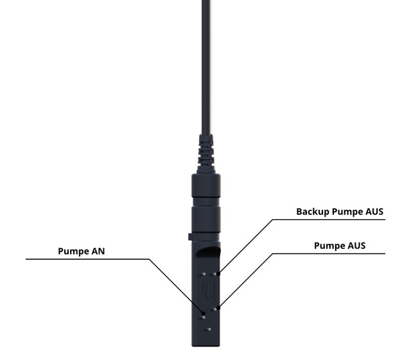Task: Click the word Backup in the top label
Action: coord(313,212)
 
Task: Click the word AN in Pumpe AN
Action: coord(98,251)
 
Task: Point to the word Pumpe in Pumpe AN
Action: coord(74,251)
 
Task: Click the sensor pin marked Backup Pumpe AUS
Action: coord(214,274)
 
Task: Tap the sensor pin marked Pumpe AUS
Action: coord(214,309)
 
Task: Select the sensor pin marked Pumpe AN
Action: coord(203,318)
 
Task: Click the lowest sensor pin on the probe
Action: coord(209,329)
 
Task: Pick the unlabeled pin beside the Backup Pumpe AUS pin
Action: coord(204,274)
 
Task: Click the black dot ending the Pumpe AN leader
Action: coord(204,313)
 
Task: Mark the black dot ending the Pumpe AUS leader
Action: coord(219,307)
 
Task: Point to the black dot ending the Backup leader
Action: coord(219,273)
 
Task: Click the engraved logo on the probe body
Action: coord(209,291)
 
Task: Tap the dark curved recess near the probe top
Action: coord(208,251)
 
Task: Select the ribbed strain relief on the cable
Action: coord(206,154)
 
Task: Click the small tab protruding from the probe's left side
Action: coord(190,237)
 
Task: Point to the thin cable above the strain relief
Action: coord(206,67)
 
